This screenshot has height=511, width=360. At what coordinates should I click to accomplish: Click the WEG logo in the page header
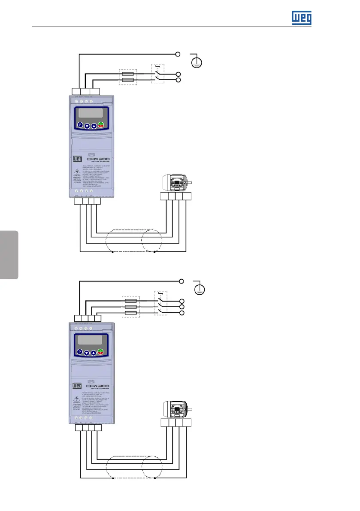point(301,18)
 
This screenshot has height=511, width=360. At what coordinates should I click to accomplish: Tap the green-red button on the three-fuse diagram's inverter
point(101,352)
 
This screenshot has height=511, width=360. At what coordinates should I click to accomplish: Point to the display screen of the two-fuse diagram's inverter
point(90,114)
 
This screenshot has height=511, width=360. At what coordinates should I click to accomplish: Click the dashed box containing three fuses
point(130,307)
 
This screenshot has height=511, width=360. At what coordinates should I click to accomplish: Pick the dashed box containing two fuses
point(127,77)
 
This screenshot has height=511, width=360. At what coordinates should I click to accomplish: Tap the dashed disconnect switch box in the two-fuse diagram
point(158,74)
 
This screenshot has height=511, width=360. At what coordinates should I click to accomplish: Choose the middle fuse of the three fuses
point(130,307)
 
